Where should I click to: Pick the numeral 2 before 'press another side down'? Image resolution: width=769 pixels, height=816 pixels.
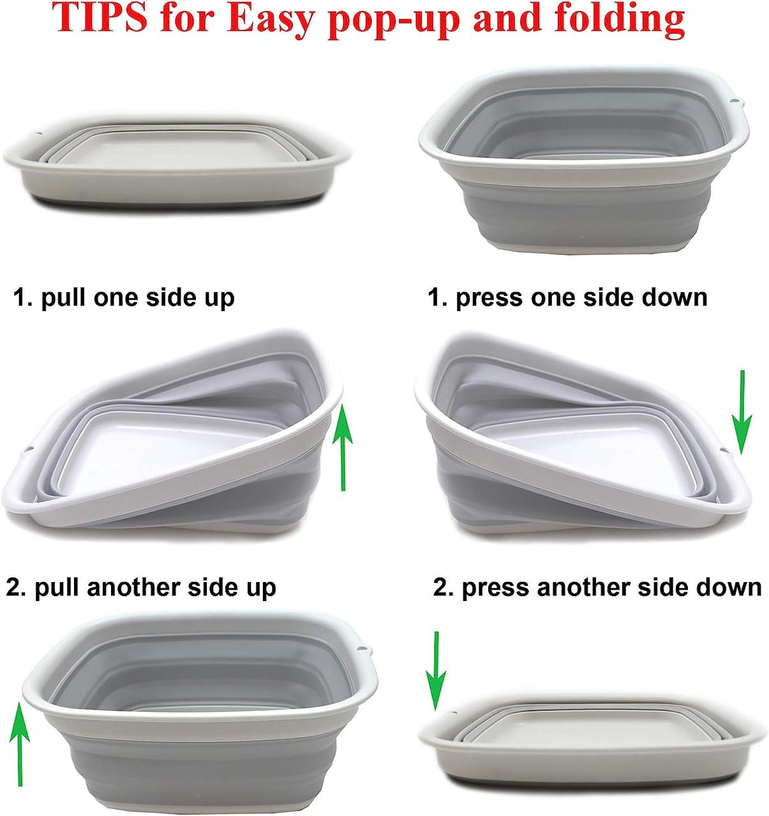coord(442,587)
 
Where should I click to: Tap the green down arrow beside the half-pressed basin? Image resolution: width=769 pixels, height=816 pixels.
coord(742,412)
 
